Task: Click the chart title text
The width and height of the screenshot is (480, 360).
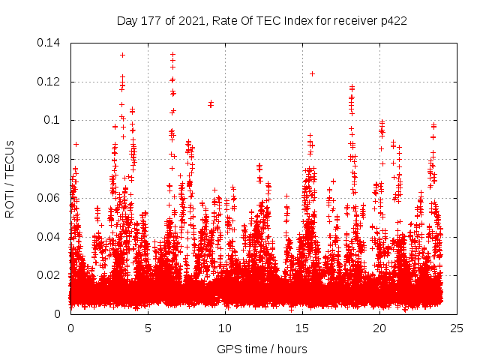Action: tap(262, 21)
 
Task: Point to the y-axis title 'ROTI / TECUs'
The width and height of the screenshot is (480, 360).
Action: tap(10, 178)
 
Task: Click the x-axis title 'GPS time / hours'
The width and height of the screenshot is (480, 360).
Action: tap(262, 349)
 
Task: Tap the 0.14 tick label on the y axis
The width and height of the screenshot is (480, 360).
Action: tap(50, 43)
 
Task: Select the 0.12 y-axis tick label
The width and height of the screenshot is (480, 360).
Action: tap(50, 82)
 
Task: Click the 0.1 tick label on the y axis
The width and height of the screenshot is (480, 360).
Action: tap(55, 120)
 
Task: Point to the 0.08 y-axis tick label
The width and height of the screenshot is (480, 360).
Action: tap(50, 159)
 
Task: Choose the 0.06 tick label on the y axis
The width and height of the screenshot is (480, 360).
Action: tap(50, 198)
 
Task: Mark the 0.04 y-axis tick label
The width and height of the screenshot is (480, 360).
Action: tap(50, 236)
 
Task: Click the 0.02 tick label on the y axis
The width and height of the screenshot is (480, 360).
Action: tap(50, 275)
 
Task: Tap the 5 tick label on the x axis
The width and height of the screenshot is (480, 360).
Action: tap(148, 328)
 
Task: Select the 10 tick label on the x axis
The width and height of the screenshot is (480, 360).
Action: tap(225, 328)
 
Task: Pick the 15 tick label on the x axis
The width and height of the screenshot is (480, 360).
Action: tap(302, 328)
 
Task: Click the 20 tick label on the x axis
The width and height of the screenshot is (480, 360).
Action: tap(379, 328)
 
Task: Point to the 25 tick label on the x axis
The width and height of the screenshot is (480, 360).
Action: tap(457, 328)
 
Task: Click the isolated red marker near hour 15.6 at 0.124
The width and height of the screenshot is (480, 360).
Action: tap(312, 73)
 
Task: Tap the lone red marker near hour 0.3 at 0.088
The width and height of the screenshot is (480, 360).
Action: tap(76, 143)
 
